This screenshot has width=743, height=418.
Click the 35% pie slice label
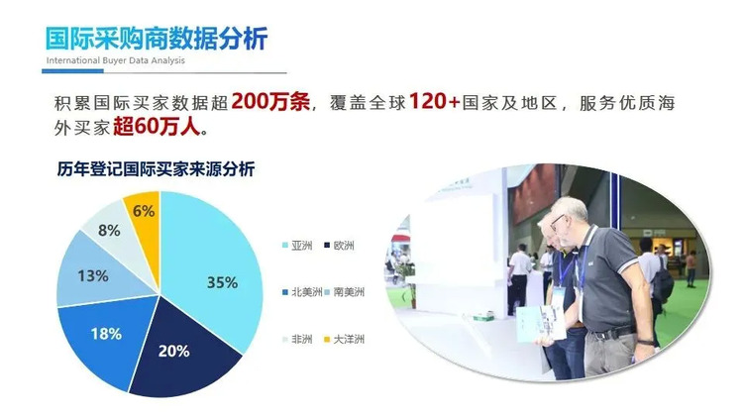[222, 282]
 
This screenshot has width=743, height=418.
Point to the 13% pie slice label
[93, 275]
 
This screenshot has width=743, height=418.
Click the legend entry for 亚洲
[297, 246]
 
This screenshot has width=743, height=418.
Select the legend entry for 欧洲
[339, 246]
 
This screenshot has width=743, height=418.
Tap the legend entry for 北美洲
[302, 292]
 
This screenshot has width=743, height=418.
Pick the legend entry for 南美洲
[344, 292]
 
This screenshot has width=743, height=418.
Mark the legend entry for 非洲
[297, 339]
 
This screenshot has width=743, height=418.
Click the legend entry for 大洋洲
[344, 339]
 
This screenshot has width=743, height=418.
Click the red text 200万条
[270, 101]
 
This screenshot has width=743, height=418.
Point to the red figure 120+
[434, 101]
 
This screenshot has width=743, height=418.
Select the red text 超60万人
[157, 126]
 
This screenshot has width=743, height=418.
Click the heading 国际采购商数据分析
[157, 39]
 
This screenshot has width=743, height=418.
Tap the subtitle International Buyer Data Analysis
[116, 60]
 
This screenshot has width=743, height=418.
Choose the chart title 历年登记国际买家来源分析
[156, 168]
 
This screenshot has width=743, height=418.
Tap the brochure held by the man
[541, 324]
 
